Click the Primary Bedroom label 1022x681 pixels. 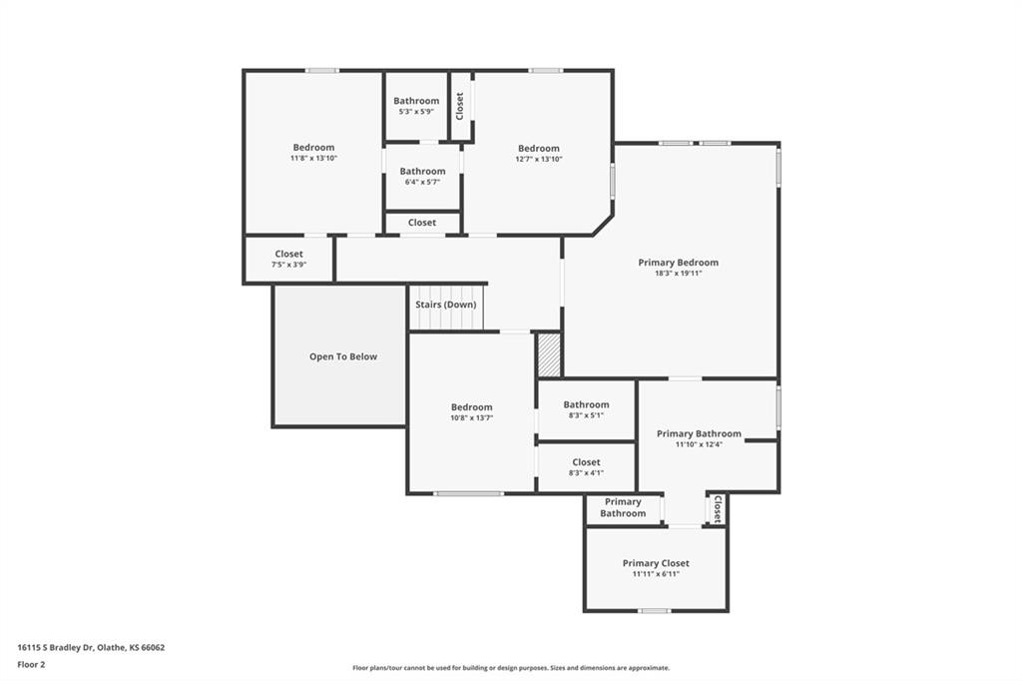(x=678, y=263)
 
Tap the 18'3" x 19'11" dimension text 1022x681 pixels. (x=678, y=274)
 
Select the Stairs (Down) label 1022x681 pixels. (x=446, y=305)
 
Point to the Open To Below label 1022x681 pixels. (x=343, y=356)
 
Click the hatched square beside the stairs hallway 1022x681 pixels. (x=549, y=354)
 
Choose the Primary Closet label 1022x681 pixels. (x=656, y=563)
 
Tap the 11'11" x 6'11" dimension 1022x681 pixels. (x=656, y=574)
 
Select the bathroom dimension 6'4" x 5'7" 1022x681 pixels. (x=422, y=182)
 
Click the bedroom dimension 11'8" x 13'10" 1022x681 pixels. (x=313, y=158)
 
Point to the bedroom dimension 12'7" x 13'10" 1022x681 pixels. (x=539, y=159)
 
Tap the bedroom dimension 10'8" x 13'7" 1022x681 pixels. (x=472, y=417)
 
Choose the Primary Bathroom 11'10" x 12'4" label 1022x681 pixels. (x=699, y=438)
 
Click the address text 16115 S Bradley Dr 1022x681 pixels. (x=56, y=648)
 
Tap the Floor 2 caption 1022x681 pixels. (x=31, y=665)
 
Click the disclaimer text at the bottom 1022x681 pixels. (x=511, y=668)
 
